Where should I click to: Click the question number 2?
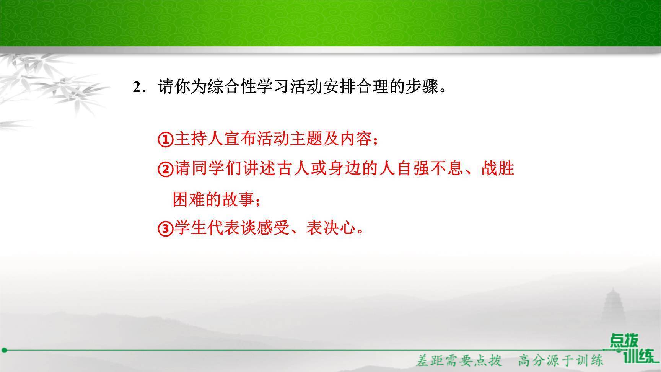click(x=137, y=88)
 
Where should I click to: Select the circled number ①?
click(x=166, y=139)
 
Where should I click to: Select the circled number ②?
click(x=166, y=169)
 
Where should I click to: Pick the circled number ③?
click(x=166, y=228)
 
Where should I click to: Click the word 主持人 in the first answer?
click(x=199, y=139)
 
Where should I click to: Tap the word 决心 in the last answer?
click(x=339, y=228)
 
